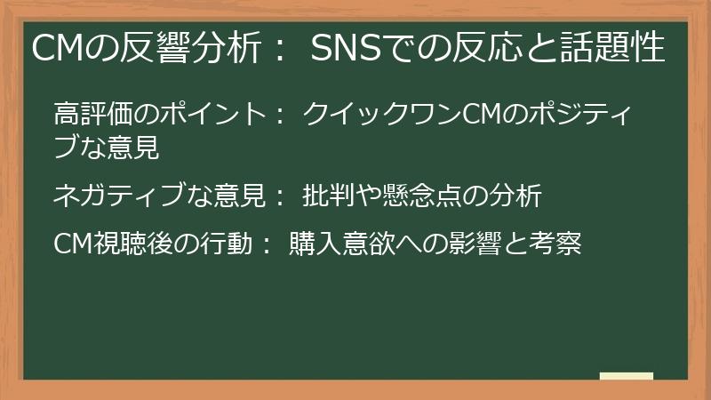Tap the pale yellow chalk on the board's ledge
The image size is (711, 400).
point(626,376)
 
